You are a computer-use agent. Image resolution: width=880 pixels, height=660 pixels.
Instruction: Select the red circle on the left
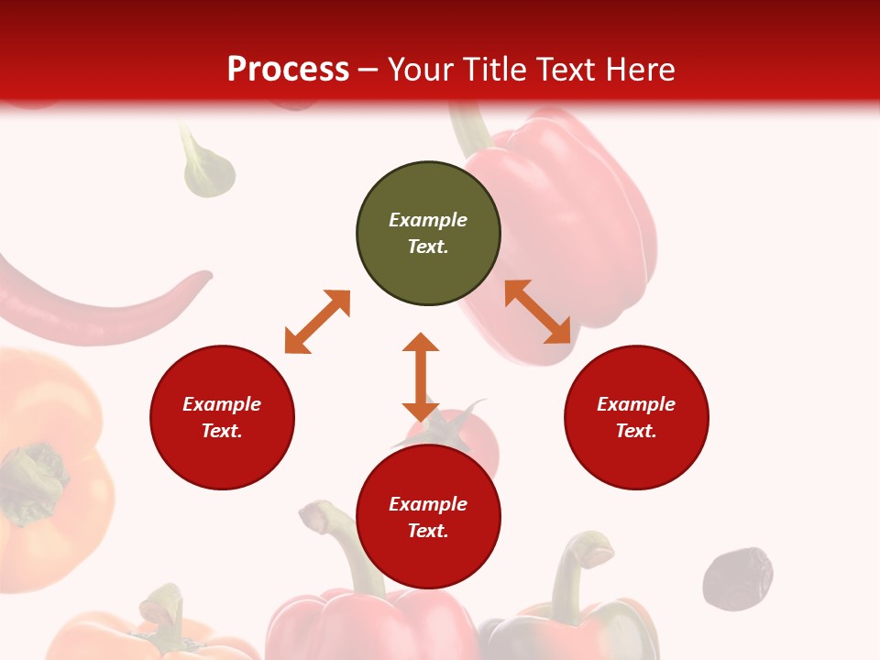pos(222,417)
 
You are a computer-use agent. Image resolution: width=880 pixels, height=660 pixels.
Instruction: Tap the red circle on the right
pos(636,417)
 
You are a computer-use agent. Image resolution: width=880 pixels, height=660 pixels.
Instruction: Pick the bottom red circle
pos(428,517)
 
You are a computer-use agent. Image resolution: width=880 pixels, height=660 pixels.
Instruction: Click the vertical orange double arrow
pos(421,377)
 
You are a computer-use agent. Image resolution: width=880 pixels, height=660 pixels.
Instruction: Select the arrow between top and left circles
pos(317,322)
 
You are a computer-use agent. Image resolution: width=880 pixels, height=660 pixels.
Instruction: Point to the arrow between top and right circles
pos(538,312)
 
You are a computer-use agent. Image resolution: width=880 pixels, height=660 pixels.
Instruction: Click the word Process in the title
pos(288,69)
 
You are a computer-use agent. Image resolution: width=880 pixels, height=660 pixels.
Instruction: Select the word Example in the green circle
pos(428,220)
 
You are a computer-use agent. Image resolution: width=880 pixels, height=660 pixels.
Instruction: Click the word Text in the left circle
pos(222,431)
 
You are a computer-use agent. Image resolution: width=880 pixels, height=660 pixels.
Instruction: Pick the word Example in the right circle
pos(636,404)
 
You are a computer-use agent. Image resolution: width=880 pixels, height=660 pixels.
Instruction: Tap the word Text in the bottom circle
pos(428,531)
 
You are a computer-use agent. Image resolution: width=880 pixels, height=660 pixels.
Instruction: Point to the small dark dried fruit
pos(737,577)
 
